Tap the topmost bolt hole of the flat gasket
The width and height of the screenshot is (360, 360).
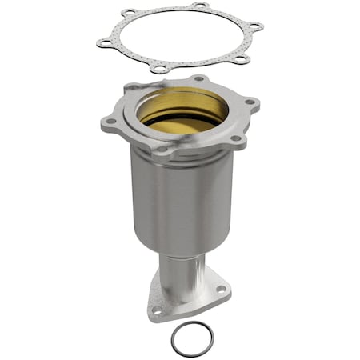199,6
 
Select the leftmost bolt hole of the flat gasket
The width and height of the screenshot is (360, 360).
103,42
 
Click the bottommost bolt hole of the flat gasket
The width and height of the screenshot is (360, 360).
159,69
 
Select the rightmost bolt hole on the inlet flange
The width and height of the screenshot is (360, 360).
249,102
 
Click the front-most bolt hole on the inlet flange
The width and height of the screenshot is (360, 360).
163,149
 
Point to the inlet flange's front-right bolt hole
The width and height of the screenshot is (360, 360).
236,138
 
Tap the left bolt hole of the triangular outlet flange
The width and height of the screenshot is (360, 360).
157,310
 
